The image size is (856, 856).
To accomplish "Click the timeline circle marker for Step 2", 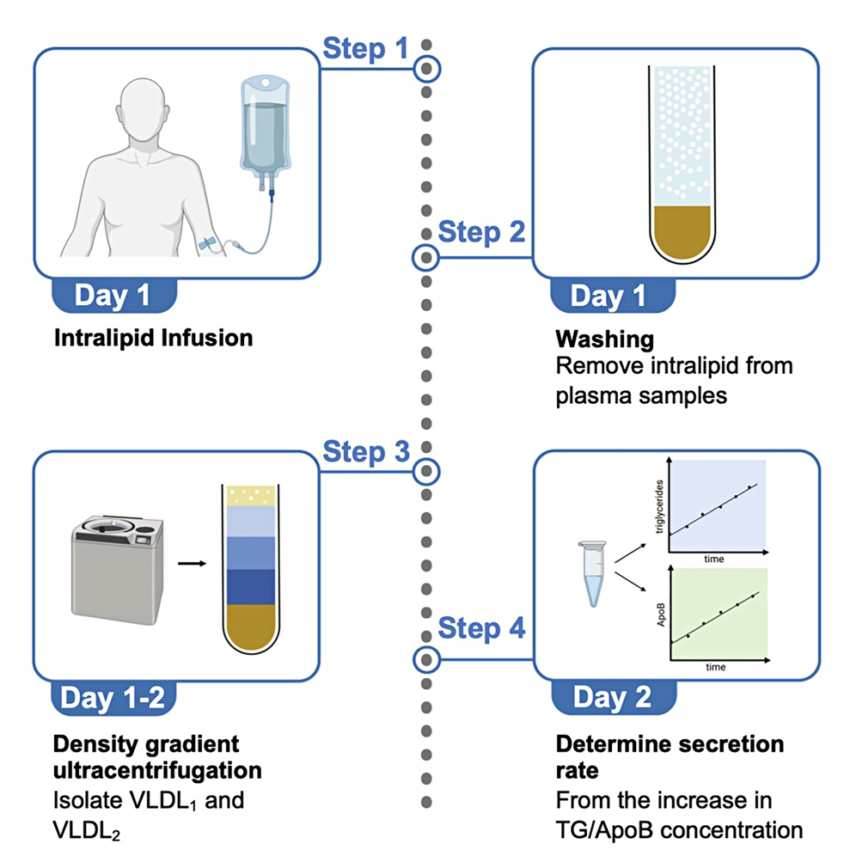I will coord(427,256).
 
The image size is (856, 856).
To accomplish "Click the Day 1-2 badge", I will coord(113,697).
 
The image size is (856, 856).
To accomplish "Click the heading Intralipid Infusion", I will coord(153,338).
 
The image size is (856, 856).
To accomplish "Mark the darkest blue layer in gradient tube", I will coord(249,587).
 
